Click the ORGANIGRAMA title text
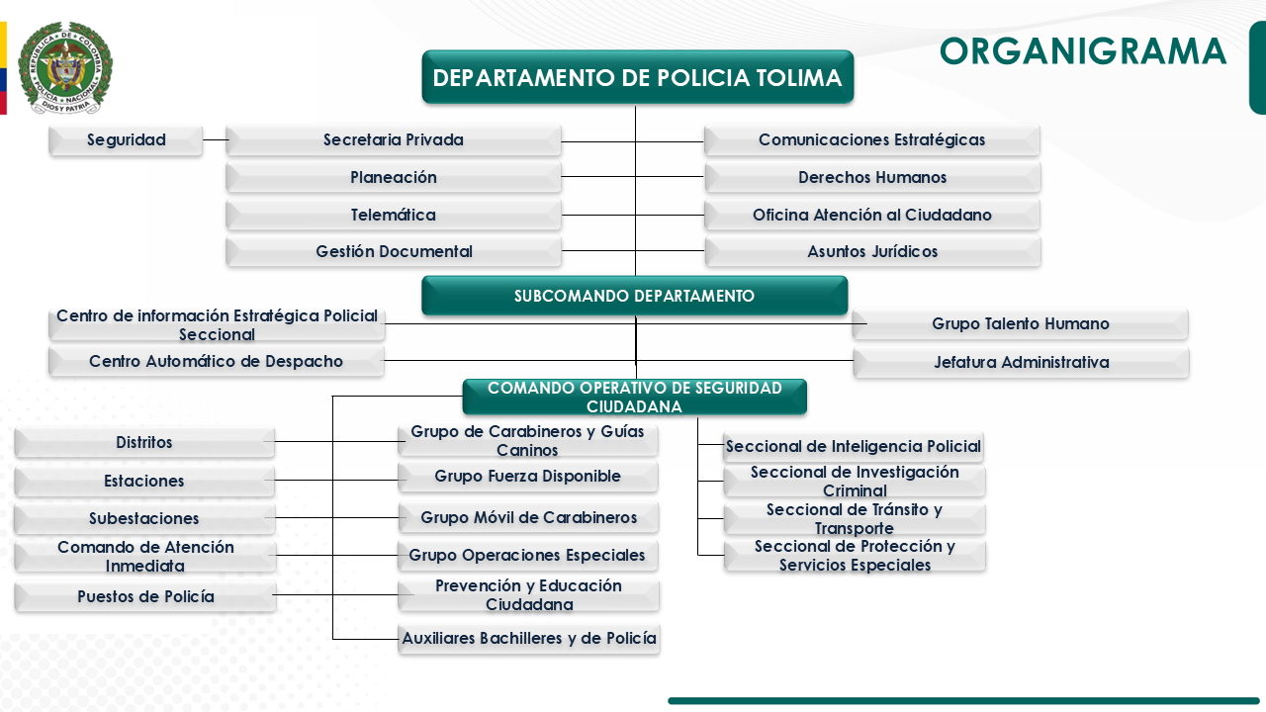[x=1082, y=51]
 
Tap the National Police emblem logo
[x=65, y=67]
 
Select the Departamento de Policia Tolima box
[x=637, y=77]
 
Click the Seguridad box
[x=126, y=140]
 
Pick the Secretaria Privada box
[x=394, y=140]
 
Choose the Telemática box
[x=394, y=215]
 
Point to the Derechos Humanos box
[x=872, y=178]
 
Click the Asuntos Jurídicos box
[x=872, y=252]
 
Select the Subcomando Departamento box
[x=634, y=296]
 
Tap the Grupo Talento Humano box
[x=1020, y=324]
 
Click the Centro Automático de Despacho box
[x=216, y=362]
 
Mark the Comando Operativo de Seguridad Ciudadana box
[x=634, y=398]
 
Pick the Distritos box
[x=144, y=443]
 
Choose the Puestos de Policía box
[x=144, y=597]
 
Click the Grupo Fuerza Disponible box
[x=527, y=477]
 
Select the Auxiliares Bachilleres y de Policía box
[x=529, y=639]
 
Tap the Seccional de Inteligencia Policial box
[x=854, y=447]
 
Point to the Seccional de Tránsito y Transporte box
[x=855, y=519]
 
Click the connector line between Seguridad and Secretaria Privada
[x=215, y=140]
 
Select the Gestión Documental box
[x=394, y=252]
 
